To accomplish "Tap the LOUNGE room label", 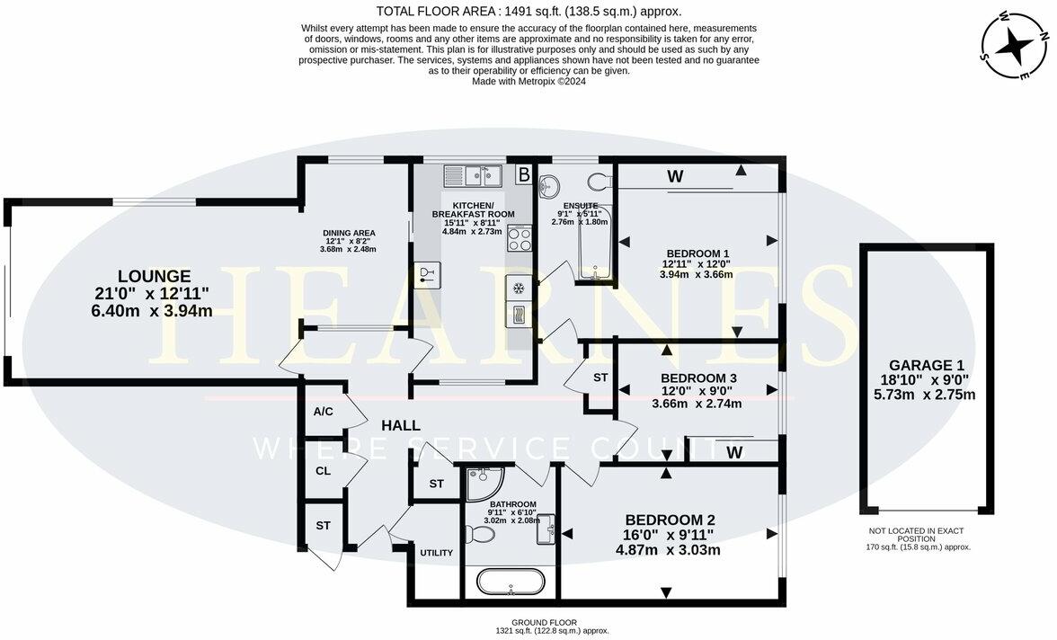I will pyautogui.click(x=154, y=276).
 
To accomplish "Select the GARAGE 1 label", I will pyautogui.click(x=926, y=365).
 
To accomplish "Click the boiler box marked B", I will pyautogui.click(x=522, y=174).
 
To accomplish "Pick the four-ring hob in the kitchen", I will pyautogui.click(x=520, y=239).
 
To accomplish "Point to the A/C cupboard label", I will pyautogui.click(x=324, y=413).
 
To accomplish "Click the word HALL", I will pyautogui.click(x=400, y=425).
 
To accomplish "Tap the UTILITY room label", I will pyautogui.click(x=436, y=553).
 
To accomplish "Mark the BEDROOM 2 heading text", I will pyautogui.click(x=670, y=520).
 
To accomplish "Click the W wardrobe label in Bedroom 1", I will pyautogui.click(x=674, y=177).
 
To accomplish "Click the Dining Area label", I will pyautogui.click(x=348, y=233).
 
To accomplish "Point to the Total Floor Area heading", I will pyautogui.click(x=528, y=12).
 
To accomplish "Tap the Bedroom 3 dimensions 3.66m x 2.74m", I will pyautogui.click(x=697, y=404).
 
